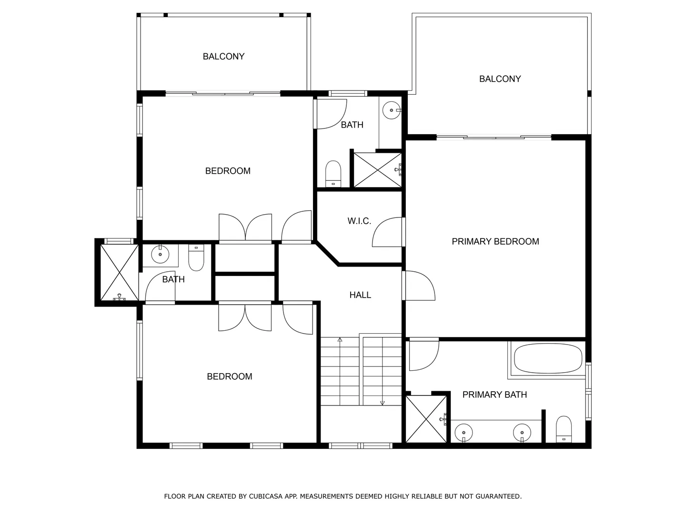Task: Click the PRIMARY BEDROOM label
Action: pyautogui.click(x=495, y=241)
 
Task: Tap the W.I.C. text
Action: pyautogui.click(x=359, y=221)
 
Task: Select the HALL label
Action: pyautogui.click(x=360, y=295)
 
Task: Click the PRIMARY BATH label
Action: pyautogui.click(x=494, y=395)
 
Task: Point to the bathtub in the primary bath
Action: pyautogui.click(x=548, y=358)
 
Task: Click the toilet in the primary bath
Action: pyautogui.click(x=564, y=429)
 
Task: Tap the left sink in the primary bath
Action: pyautogui.click(x=464, y=433)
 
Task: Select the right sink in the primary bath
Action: pyautogui.click(x=522, y=433)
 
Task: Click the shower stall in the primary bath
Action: pyautogui.click(x=426, y=419)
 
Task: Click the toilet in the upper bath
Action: pyautogui.click(x=333, y=174)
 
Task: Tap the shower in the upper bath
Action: pyautogui.click(x=377, y=170)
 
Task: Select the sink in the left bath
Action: pyautogui.click(x=160, y=254)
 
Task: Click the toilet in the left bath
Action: pyautogui.click(x=196, y=257)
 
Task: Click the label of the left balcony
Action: pyautogui.click(x=223, y=57)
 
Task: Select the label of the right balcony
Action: pyautogui.click(x=500, y=79)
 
